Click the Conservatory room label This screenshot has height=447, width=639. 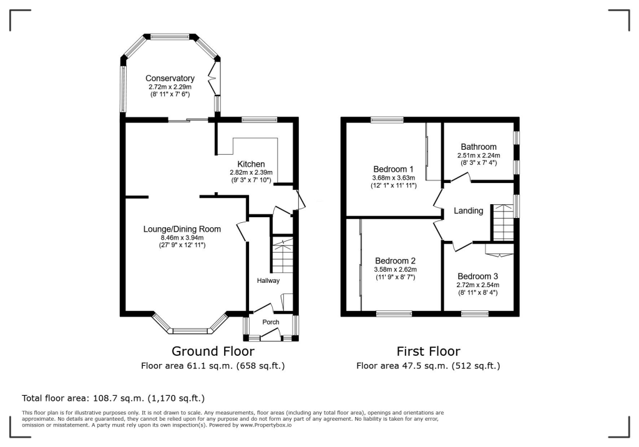coord(170,78)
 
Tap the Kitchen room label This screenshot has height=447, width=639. coord(251,164)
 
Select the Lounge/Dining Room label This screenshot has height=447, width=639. coord(182,229)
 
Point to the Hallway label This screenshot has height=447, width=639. coord(268,280)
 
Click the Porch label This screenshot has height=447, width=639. coord(271,322)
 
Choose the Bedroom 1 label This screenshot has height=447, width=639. coord(393,169)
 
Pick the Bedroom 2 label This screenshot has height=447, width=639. coord(395,260)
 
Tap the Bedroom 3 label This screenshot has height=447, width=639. coord(477,276)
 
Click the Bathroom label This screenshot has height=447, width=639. coord(479,147)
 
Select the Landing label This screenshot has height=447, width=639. coord(469,211)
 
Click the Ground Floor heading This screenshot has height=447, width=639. coord(213,351)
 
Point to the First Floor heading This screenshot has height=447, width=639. coord(428,351)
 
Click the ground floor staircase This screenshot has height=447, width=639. coord(282,256)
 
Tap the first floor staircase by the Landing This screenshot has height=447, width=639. coord(504,222)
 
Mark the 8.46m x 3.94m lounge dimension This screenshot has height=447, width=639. coord(182,238)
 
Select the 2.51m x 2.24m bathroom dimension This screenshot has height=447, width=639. coord(479,155)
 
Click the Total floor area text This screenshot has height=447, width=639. coord(114,398)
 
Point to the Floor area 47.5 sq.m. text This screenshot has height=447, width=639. coord(428,366)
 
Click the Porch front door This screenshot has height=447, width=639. coord(270,335)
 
